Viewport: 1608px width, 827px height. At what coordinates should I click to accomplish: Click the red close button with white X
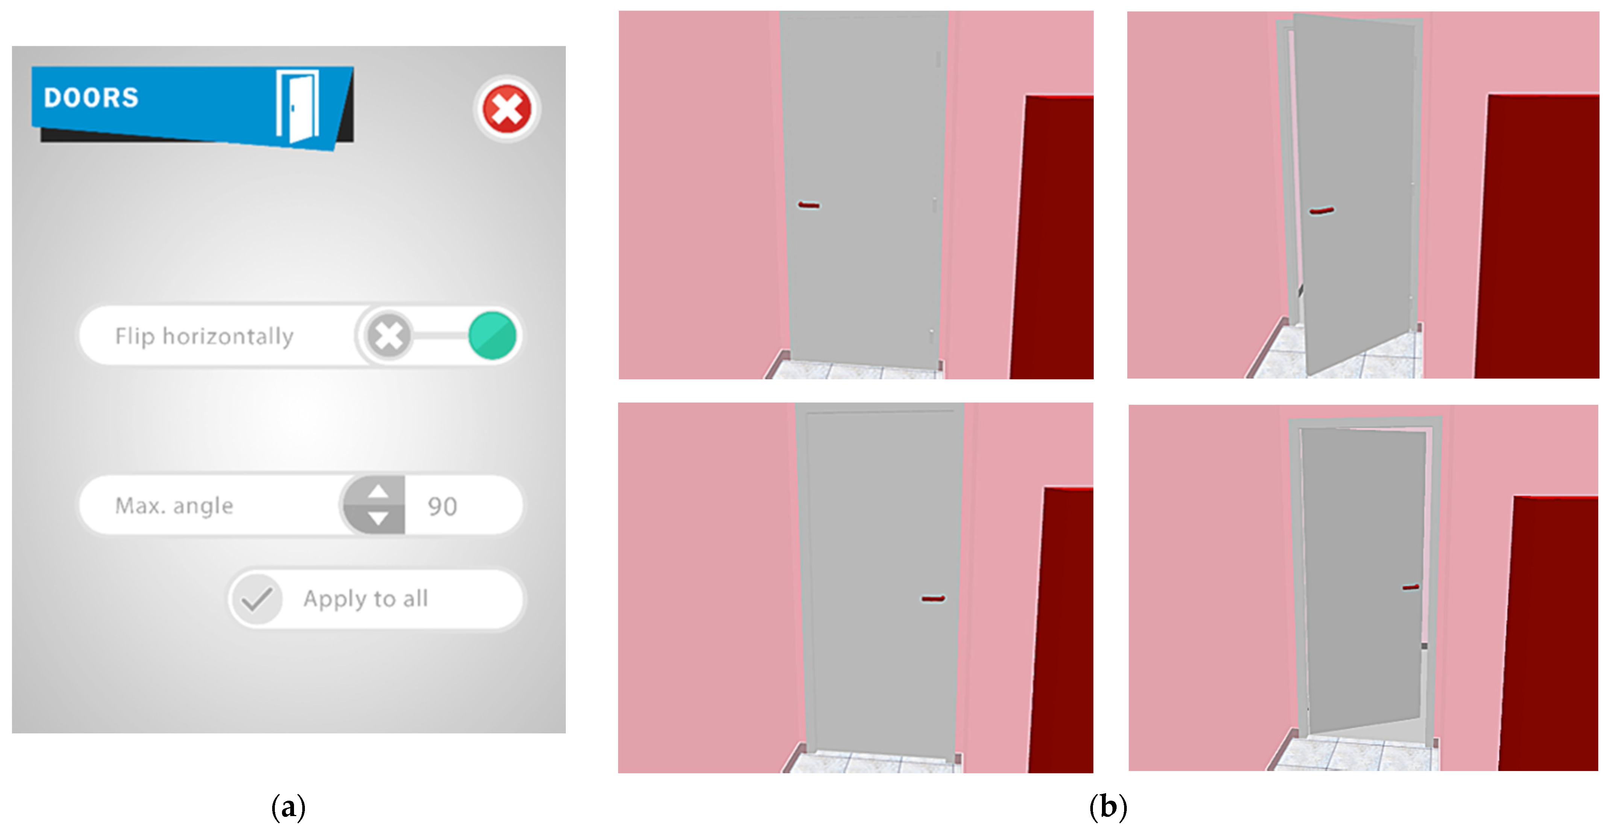(506, 109)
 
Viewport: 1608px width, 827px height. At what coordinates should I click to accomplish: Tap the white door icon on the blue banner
(298, 106)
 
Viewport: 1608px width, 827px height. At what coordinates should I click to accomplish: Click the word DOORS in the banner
(91, 97)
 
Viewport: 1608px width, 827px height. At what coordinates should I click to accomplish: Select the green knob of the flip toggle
(493, 336)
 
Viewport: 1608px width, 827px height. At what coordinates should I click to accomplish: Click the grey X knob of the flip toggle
(389, 336)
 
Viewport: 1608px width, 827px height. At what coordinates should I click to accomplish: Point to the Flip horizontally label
(204, 336)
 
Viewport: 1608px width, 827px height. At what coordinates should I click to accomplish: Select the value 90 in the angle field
(443, 506)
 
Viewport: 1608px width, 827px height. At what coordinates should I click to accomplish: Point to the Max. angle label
(174, 506)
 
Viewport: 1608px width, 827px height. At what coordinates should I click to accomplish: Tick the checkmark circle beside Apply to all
(256, 599)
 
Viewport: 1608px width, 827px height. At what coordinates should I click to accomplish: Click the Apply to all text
(366, 598)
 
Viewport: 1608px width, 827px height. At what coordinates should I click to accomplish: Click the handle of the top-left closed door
(809, 205)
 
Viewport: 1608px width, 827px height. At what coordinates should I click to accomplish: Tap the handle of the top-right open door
(1322, 211)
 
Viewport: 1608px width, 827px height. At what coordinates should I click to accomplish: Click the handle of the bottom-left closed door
(933, 598)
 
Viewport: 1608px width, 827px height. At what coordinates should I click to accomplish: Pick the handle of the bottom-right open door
(1411, 587)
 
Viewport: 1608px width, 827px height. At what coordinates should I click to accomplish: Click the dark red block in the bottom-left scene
(1061, 630)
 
